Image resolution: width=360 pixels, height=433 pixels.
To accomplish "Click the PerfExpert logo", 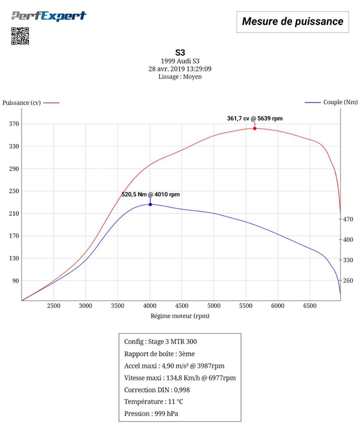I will click(49, 16).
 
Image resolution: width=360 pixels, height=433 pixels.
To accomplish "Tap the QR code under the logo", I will click(20, 36).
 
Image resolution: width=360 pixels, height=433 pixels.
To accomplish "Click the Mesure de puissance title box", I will click(292, 22).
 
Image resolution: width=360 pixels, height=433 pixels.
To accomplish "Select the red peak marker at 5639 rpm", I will click(254, 128).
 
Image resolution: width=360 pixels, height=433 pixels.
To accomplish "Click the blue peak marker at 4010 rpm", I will click(150, 204).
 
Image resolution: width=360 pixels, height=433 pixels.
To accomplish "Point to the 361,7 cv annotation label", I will click(254, 119).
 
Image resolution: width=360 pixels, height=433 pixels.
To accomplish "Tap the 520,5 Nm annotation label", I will click(150, 194).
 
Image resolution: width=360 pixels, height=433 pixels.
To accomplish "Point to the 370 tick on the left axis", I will click(12, 124).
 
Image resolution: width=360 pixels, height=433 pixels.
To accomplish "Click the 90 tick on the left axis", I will click(14, 281).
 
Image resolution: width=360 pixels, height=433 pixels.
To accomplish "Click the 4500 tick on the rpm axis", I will click(182, 306).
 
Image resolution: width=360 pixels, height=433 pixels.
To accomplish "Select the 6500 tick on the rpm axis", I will click(310, 306).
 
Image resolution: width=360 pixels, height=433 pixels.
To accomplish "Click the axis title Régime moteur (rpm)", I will click(180, 316).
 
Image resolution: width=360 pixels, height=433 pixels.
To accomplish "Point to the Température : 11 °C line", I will click(154, 402).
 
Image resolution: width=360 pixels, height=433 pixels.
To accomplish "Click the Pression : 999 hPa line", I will click(151, 414).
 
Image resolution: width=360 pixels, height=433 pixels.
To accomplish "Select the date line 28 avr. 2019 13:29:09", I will click(180, 69).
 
